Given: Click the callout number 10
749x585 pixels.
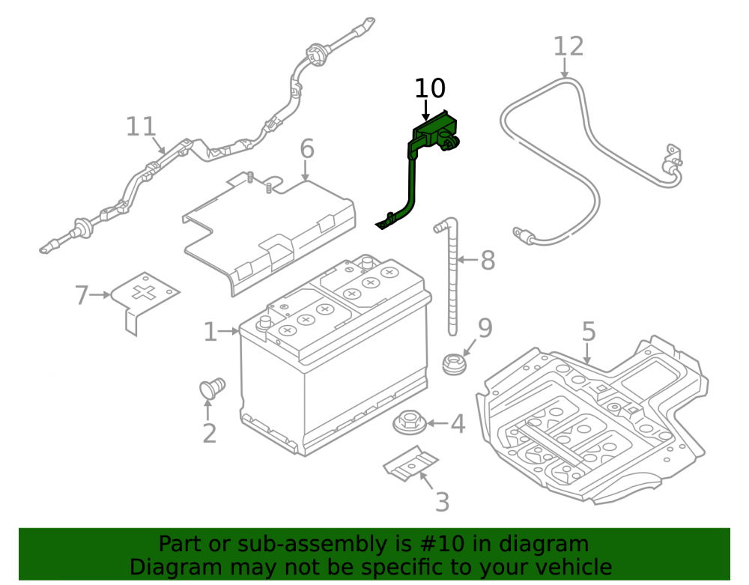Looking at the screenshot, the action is point(430,88).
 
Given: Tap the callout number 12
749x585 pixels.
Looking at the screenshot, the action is point(568,46).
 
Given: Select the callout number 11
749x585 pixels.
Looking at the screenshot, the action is point(141,127).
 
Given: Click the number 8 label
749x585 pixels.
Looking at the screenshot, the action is point(488,261).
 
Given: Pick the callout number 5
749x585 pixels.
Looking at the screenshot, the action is point(589,331).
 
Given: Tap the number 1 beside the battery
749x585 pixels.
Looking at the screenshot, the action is point(210,332).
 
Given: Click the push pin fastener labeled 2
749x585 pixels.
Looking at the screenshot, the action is point(212,388).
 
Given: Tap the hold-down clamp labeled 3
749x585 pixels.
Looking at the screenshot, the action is point(410,463).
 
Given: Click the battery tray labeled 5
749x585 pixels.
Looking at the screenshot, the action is point(592,420).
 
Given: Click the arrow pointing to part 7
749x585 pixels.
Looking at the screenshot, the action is point(100,295).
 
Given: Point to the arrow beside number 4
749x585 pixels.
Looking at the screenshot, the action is point(437,423).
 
